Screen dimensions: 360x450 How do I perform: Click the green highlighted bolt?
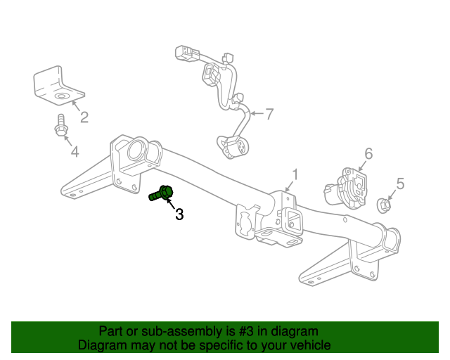(x=162, y=193)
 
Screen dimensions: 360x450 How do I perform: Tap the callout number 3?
(x=179, y=214)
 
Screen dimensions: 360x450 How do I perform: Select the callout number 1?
(x=296, y=174)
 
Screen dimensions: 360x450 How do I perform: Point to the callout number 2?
(x=84, y=117)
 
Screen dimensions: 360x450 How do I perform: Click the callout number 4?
(x=74, y=151)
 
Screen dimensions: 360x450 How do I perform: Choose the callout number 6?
(x=368, y=154)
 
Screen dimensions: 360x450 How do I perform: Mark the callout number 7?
(x=269, y=113)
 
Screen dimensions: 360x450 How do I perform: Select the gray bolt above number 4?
(x=61, y=127)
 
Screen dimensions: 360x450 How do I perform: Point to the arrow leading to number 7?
(x=256, y=112)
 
